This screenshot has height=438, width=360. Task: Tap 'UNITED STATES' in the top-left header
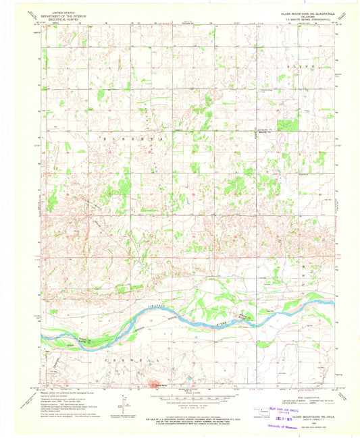pos(63,12)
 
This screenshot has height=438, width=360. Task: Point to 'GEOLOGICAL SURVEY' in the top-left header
pos(63,20)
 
